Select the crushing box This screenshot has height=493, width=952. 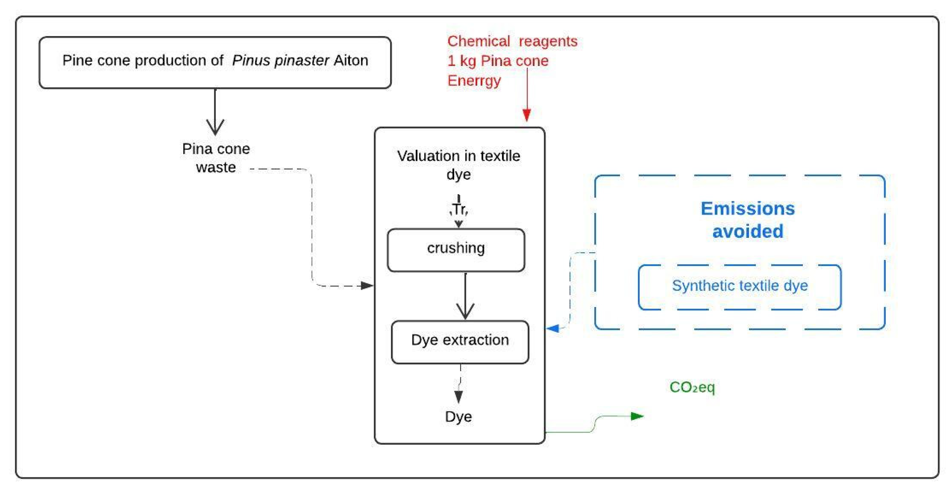tap(456, 250)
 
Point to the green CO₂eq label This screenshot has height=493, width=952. tap(692, 387)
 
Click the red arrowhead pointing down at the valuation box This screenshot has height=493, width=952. tap(527, 115)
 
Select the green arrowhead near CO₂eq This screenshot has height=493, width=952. tap(637, 416)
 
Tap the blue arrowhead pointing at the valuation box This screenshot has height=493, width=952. tap(553, 328)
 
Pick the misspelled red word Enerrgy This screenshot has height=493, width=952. tap(474, 81)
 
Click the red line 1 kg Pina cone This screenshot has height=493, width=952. tap(498, 61)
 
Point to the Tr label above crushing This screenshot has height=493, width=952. tap(459, 209)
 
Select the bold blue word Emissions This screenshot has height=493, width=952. tap(748, 209)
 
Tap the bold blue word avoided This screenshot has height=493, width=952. tap(748, 231)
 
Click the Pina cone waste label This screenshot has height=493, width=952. tap(216, 158)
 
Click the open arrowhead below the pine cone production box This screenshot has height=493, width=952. tap(215, 128)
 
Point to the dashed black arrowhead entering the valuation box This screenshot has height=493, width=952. tap(367, 285)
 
